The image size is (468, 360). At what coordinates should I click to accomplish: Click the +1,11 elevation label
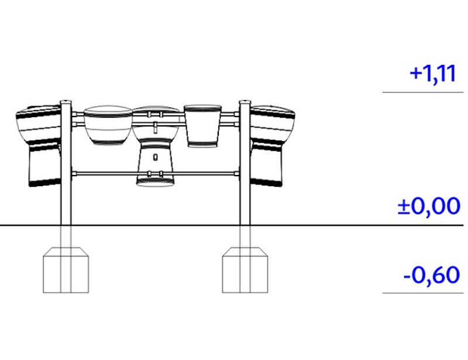click(x=433, y=74)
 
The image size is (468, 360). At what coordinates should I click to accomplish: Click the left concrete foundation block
click(x=66, y=270)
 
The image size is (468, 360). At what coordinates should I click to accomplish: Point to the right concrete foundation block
click(x=245, y=270)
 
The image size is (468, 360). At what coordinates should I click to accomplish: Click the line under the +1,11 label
click(x=422, y=92)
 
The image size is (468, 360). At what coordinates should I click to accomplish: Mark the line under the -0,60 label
click(x=422, y=292)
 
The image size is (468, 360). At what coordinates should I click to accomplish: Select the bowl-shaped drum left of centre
click(x=108, y=124)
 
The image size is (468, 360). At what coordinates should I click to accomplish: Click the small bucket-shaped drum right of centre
click(x=203, y=125)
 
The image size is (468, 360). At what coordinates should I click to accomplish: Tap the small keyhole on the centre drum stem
click(x=155, y=157)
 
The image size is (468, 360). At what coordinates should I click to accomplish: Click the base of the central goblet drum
click(x=155, y=180)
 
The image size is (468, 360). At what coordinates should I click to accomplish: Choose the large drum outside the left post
click(x=39, y=146)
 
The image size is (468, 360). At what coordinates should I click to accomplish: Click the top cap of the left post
click(x=66, y=102)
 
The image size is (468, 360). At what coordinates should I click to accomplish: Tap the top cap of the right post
click(x=245, y=102)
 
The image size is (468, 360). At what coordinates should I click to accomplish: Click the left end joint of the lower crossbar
click(x=74, y=173)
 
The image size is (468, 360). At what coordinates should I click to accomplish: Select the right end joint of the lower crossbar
click(x=237, y=173)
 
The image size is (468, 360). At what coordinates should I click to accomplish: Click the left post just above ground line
click(x=66, y=217)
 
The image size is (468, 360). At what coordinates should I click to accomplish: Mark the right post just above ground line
click(x=245, y=217)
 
